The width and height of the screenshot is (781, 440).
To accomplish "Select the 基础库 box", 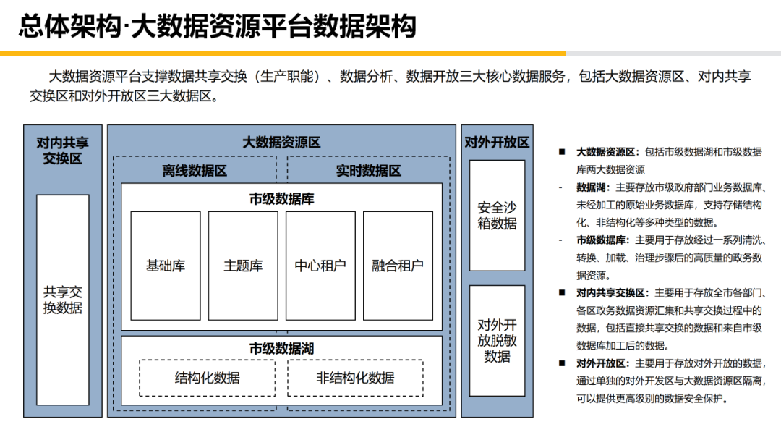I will click(x=166, y=266).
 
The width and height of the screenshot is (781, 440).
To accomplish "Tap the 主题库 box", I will click(x=243, y=266).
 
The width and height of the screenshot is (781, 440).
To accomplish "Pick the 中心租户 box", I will click(x=320, y=266).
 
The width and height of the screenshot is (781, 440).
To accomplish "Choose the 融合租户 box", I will click(x=398, y=266).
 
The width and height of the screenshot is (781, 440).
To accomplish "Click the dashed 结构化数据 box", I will click(x=208, y=378).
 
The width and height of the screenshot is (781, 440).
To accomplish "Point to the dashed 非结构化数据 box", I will click(x=355, y=378).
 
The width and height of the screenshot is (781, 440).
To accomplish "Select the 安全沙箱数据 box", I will click(x=497, y=215).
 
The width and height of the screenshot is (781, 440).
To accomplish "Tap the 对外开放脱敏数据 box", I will click(x=497, y=340).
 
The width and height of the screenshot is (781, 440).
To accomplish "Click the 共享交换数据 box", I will click(x=63, y=300).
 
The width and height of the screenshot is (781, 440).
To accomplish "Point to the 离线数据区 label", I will click(x=195, y=172).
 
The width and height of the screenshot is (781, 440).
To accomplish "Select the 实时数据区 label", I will click(x=368, y=172).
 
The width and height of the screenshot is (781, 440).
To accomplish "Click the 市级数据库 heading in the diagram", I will click(x=281, y=199).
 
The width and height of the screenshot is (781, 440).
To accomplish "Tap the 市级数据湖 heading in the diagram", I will click(x=281, y=349).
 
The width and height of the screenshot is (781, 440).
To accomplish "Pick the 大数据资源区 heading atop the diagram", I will click(x=281, y=143).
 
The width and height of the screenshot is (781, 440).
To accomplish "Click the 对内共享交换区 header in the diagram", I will click(x=63, y=150).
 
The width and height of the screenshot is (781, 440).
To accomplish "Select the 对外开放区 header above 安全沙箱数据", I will click(x=497, y=143).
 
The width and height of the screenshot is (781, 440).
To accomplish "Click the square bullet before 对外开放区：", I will click(x=561, y=363).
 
